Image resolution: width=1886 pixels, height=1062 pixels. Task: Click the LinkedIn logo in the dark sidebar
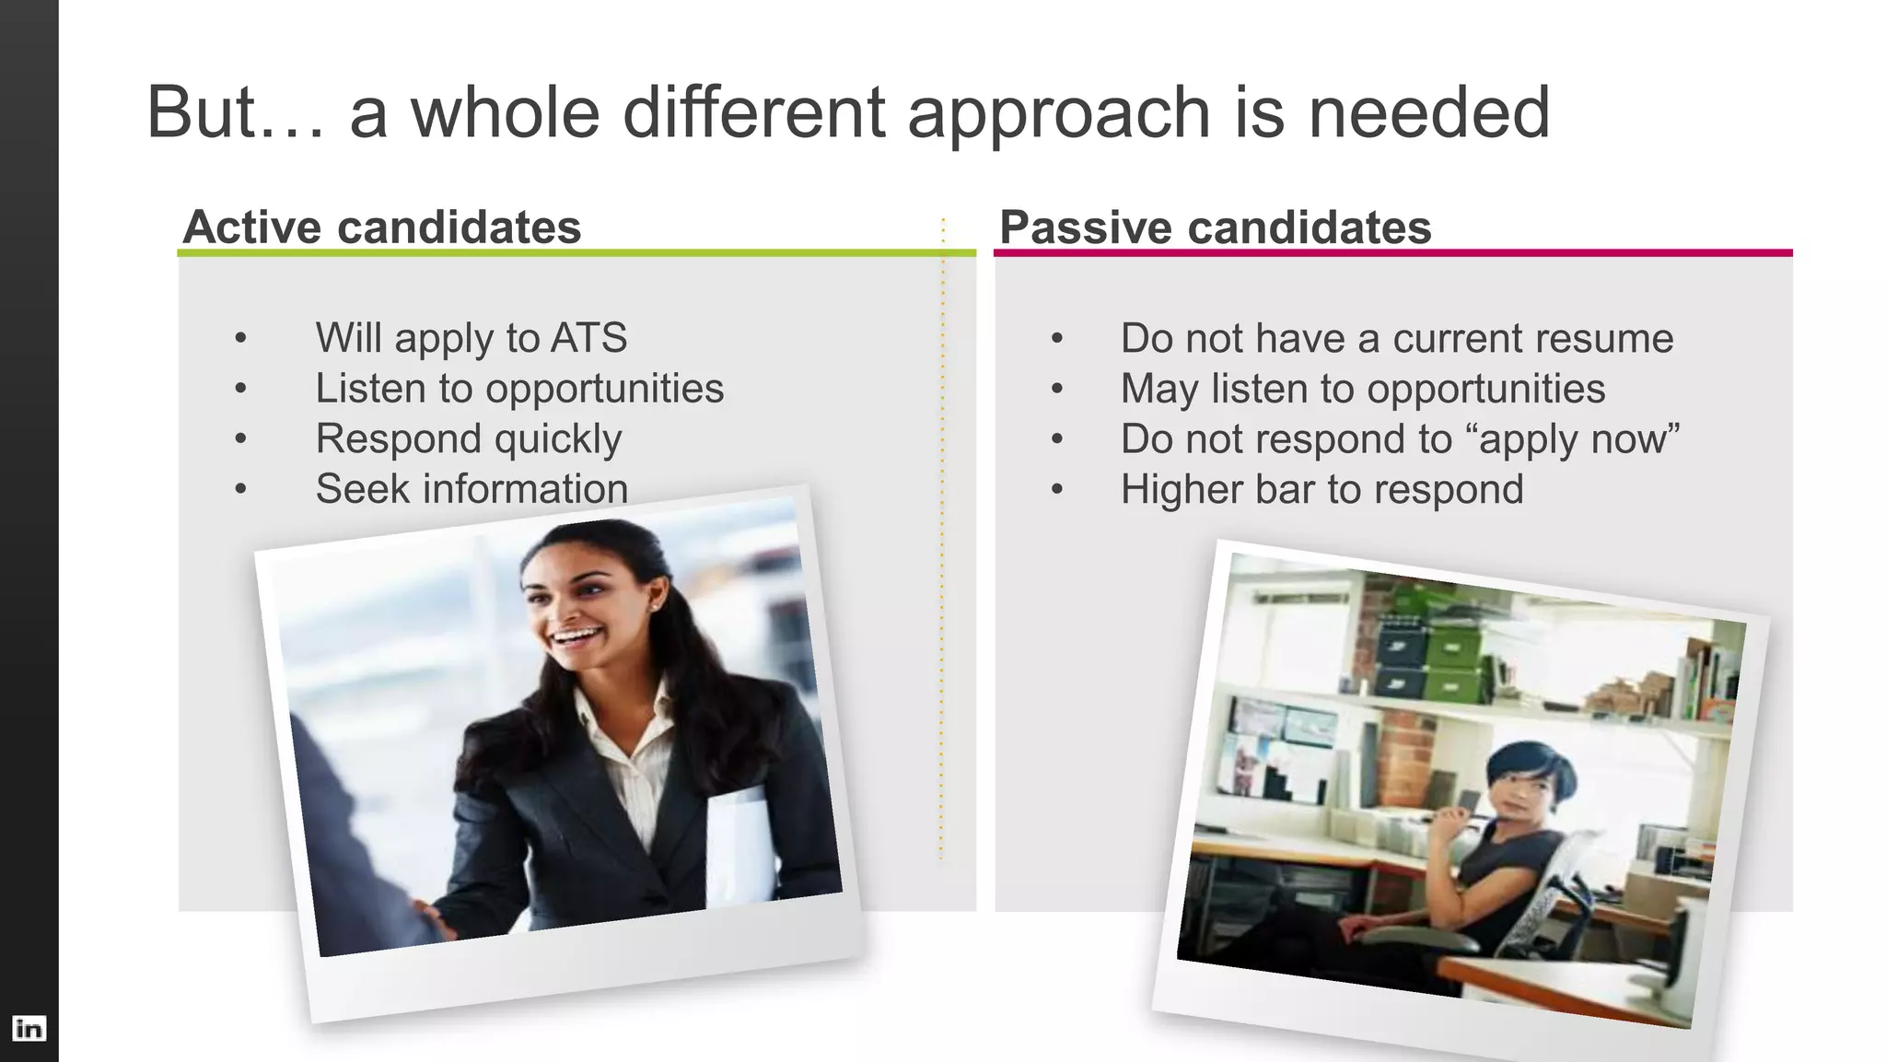(x=29, y=1028)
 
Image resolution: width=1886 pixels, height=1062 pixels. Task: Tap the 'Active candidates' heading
(x=382, y=227)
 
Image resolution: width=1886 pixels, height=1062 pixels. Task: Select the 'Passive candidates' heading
(x=1215, y=227)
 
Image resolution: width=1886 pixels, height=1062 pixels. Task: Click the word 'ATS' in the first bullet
(x=588, y=337)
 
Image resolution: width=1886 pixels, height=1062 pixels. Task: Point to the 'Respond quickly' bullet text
(x=468, y=438)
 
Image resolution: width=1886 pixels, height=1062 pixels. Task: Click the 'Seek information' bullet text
(x=471, y=488)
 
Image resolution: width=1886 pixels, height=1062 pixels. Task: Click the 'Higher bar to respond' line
(x=1321, y=489)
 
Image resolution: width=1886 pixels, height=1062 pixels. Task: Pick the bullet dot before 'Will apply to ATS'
(x=240, y=338)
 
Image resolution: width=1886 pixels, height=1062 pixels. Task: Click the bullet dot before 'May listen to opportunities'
(x=1056, y=389)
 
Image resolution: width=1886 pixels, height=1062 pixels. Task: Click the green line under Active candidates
(x=576, y=252)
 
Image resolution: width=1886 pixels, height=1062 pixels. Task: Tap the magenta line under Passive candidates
(x=1392, y=252)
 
